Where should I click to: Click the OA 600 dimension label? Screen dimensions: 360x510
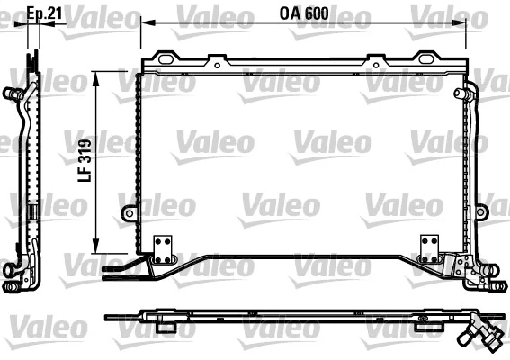point(303,13)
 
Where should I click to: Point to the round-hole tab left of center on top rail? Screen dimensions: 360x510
point(217,62)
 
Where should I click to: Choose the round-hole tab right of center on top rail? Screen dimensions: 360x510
point(370,62)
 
